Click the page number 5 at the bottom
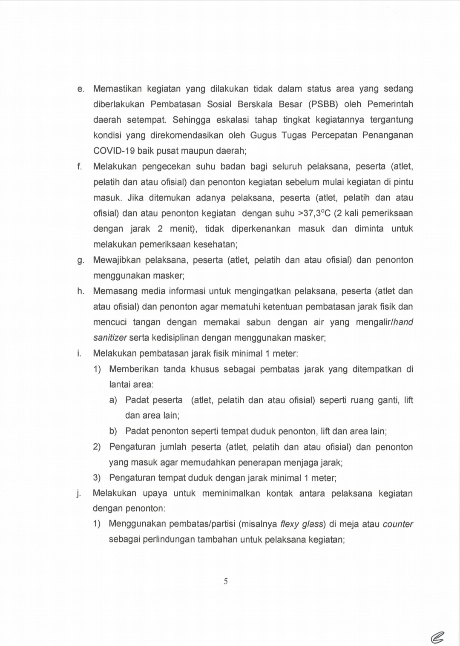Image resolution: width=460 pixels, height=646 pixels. (226, 581)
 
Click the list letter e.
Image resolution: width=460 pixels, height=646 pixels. (80, 89)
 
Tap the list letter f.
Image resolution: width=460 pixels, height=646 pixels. (79, 167)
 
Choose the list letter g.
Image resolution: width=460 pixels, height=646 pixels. (80, 260)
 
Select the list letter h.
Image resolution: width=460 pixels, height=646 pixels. (80, 291)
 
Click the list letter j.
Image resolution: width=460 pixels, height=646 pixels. (79, 494)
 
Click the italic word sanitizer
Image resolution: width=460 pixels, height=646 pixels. (110, 338)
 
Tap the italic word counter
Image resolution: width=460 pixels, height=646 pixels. (398, 524)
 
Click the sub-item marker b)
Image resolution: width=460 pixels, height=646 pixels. (113, 431)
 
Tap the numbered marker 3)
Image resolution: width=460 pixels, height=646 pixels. (97, 478)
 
